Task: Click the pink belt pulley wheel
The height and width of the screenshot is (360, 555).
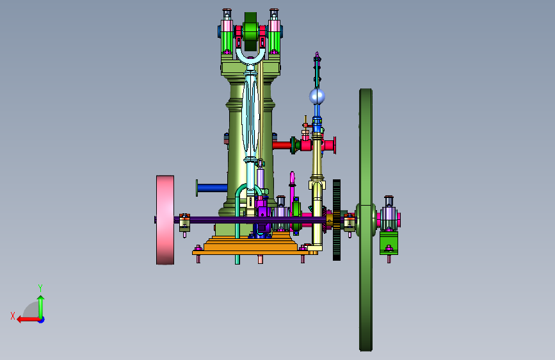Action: [x=165, y=220]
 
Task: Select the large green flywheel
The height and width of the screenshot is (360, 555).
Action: [x=366, y=220]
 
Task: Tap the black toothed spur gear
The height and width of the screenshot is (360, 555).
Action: [x=337, y=220]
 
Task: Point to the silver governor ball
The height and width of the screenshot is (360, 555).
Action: [x=317, y=96]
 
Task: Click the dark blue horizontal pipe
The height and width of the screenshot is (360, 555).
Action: [x=212, y=188]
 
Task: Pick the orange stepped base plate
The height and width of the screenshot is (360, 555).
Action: [x=250, y=245]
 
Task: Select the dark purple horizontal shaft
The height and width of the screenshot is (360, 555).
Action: [x=248, y=220]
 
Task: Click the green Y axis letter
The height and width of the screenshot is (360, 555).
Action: [x=40, y=288]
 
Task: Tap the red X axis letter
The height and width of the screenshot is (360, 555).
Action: [x=13, y=316]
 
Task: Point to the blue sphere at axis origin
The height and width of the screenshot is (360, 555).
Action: [x=42, y=320]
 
